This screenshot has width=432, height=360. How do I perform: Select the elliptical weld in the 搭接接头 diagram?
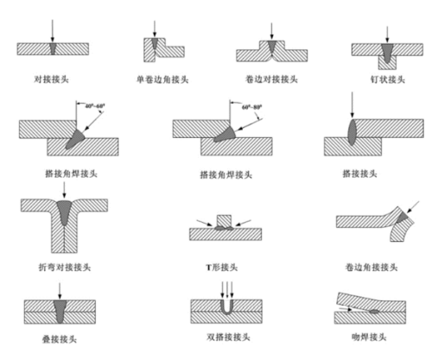355,136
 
